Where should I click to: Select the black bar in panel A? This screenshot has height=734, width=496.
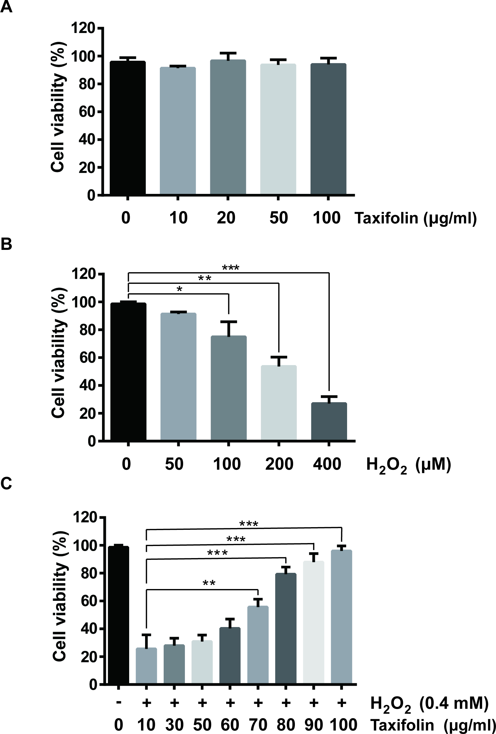pyautogui.click(x=127, y=128)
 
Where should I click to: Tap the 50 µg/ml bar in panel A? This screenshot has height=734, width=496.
pyautogui.click(x=278, y=129)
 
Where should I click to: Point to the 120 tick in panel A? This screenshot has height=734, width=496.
pyautogui.click(x=83, y=28)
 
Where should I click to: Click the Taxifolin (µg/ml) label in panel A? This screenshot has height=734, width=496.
pyautogui.click(x=415, y=218)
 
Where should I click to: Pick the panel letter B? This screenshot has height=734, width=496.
pyautogui.click(x=6, y=244)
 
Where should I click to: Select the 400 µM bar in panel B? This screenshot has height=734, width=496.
pyautogui.click(x=329, y=422)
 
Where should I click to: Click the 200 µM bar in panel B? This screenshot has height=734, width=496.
pyautogui.click(x=278, y=403)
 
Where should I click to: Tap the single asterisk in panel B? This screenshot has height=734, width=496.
pyautogui.click(x=180, y=289)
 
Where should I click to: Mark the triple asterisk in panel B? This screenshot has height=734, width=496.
pyautogui.click(x=231, y=268)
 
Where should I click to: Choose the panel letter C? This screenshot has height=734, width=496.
pyautogui.click(x=6, y=484)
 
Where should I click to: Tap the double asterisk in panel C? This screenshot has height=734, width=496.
pyautogui.click(x=209, y=583)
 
